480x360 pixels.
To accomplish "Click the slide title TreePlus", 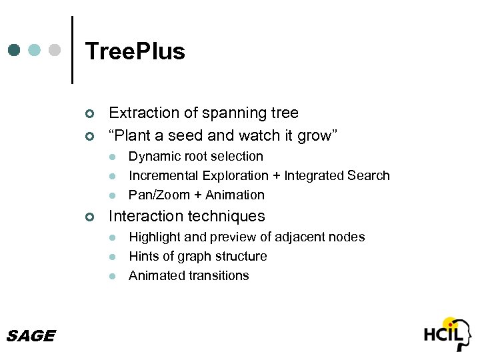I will click(135, 51).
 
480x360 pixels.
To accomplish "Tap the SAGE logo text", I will click(30, 336).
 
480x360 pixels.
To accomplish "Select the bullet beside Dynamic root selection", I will click(113, 157).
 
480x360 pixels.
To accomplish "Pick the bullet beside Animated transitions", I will click(113, 277).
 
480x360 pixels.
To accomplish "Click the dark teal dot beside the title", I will click(15, 50).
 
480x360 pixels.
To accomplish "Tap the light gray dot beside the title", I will click(55, 50).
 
